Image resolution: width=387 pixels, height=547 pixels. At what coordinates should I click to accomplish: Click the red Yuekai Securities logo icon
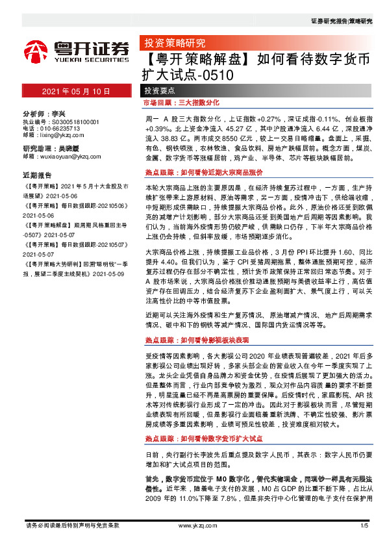(x=37, y=51)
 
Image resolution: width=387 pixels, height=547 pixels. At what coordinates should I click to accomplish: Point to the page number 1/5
(x=364, y=524)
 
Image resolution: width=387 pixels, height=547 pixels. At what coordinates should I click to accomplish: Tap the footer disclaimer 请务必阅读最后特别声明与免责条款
(x=72, y=524)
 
